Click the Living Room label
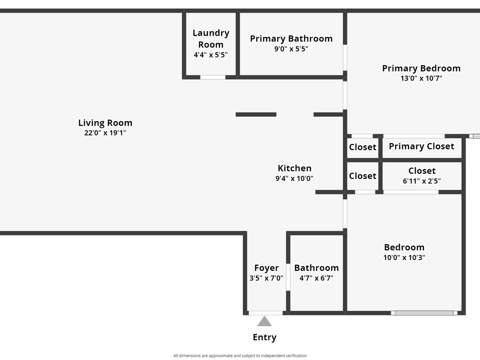coord(105,123)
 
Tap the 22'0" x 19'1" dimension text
coord(105,133)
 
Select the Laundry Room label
coord(211,38)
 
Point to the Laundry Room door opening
coord(213,77)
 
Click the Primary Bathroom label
coord(291,38)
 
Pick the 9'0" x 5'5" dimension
coord(291,49)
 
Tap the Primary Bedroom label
coord(421,68)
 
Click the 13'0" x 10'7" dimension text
coord(421,78)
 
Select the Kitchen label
coord(294,168)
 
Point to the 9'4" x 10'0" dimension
coord(294,179)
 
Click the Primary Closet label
coord(421,146)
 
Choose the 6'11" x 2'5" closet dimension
coord(422,181)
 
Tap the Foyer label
coord(266,268)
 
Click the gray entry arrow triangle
coord(264,322)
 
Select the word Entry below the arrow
coord(264,337)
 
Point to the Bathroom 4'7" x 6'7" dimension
coord(316,278)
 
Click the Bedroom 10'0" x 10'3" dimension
coord(404,257)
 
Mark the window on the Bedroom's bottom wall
coord(424,313)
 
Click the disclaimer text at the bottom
coord(240,356)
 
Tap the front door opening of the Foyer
coord(265,313)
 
